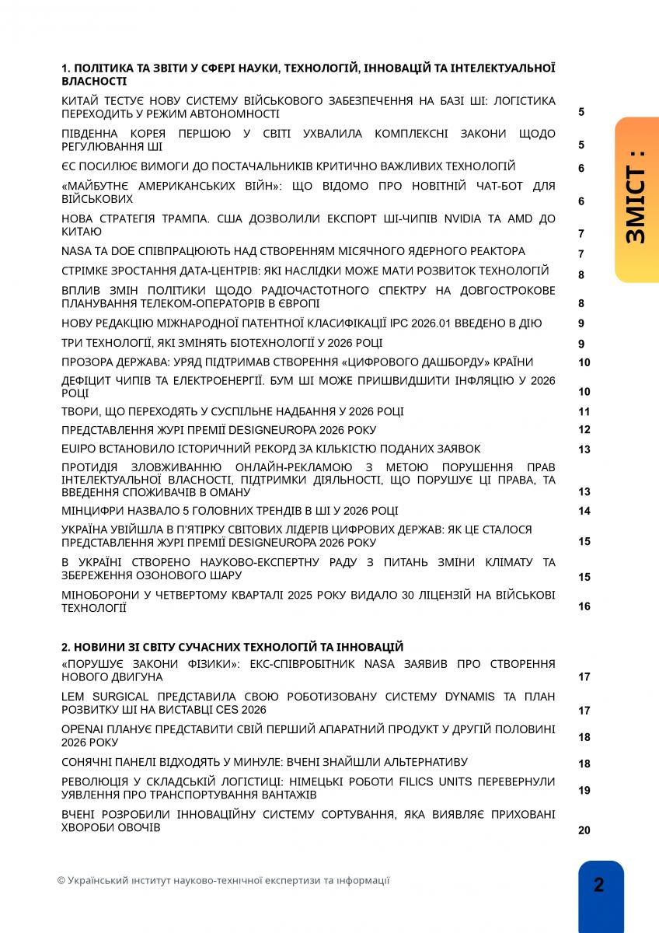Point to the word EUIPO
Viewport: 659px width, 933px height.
[78, 449]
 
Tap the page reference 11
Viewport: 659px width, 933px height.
[584, 412]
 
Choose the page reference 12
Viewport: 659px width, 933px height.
[584, 430]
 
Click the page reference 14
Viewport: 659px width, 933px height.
[584, 511]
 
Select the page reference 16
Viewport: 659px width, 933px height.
[584, 606]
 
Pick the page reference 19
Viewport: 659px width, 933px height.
[584, 790]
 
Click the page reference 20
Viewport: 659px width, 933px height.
[584, 830]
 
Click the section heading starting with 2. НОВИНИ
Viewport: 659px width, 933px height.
[232, 647]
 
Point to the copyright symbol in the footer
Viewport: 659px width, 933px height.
[61, 881]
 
